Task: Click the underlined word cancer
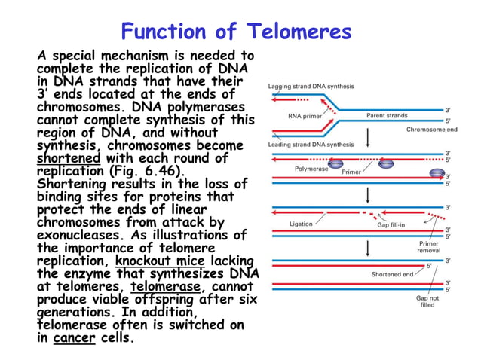(x=75, y=338)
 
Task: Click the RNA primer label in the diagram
(x=306, y=116)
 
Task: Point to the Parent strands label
(x=387, y=116)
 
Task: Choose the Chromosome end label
(x=431, y=130)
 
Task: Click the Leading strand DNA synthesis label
(x=311, y=144)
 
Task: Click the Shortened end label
(x=391, y=275)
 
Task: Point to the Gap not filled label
(x=427, y=301)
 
